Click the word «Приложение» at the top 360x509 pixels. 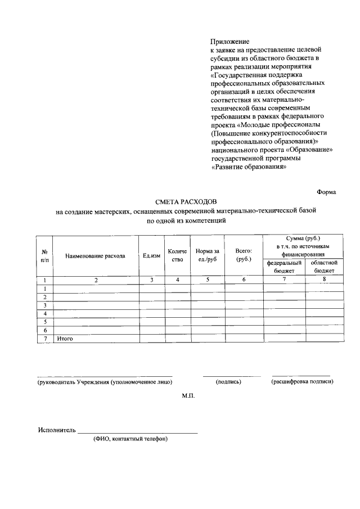pos(229,42)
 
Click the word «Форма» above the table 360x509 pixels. pos(326,191)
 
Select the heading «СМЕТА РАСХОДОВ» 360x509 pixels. pos(188,201)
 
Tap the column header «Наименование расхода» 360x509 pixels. pos(95,256)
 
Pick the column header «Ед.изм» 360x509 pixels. pos(150,256)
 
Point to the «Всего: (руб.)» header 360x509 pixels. pos(244,255)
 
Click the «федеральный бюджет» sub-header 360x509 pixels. pos(285,267)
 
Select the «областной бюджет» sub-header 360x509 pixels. pos(323,267)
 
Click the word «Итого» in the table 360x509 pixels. pos(65,339)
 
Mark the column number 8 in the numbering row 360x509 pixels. pos(324,279)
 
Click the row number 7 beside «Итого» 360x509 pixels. pos(44,339)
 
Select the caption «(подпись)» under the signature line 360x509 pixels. pos(229,382)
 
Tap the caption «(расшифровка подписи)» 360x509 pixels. pos(302,382)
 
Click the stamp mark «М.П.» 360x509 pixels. pos(188,397)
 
